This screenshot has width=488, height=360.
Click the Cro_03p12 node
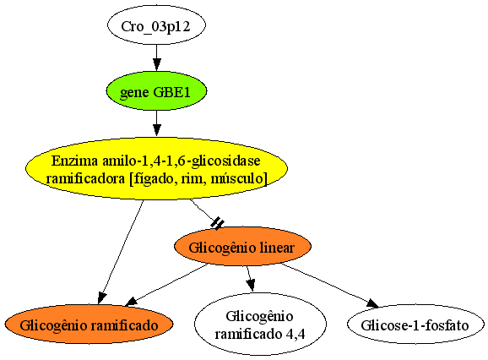click(x=156, y=25)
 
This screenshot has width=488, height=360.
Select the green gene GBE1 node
click(x=156, y=91)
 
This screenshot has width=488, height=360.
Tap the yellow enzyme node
click(x=156, y=168)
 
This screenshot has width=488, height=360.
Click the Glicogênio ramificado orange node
click(x=89, y=325)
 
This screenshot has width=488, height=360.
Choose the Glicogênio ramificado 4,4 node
click(x=260, y=324)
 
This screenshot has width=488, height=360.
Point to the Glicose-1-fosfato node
click(x=415, y=325)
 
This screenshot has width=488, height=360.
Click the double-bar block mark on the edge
click(x=217, y=223)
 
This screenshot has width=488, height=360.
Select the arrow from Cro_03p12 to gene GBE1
click(x=156, y=58)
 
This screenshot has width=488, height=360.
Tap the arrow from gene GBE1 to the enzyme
click(x=156, y=123)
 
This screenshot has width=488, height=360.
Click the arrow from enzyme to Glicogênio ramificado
click(x=121, y=252)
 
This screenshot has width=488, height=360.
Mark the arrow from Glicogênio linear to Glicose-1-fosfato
click(x=329, y=286)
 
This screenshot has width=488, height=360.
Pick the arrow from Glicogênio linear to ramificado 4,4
click(x=251, y=279)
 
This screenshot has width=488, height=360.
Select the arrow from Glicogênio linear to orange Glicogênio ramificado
click(x=166, y=284)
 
